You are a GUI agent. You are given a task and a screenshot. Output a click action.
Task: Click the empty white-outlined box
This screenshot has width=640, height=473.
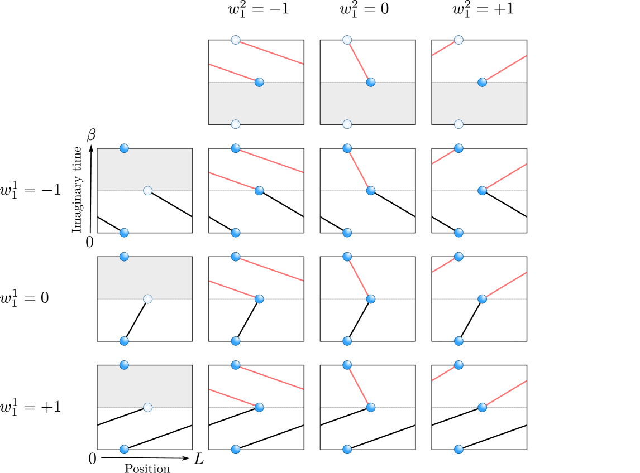pos(591,81)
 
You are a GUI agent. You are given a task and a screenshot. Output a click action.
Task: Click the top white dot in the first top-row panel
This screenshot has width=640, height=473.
pos(236,40)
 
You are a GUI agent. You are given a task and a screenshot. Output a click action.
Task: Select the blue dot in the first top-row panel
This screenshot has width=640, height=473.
pos(259,82)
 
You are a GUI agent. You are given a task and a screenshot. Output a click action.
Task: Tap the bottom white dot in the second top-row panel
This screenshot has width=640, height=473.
pos(347,124)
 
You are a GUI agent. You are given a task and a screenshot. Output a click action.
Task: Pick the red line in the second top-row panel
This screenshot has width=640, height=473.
pos(359,61)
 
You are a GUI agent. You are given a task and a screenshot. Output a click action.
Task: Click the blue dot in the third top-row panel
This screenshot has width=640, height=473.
pos(482,82)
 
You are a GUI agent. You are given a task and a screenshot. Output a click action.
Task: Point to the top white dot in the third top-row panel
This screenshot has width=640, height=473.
pos(458,40)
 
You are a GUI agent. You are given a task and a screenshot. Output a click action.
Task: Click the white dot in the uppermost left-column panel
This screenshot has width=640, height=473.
pos(147,190)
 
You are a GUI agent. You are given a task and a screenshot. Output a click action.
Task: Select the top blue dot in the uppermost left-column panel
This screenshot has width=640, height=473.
pos(124,148)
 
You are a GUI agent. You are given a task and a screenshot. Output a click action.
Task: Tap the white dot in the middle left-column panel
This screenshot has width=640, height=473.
pos(147,299)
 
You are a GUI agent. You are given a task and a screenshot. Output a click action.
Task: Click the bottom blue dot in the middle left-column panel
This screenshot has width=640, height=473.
pos(124,341)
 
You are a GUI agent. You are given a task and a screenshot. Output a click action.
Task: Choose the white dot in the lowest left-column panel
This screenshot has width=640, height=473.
pos(147,407)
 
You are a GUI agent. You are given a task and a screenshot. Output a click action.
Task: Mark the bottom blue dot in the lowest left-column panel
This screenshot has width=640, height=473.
pos(124,449)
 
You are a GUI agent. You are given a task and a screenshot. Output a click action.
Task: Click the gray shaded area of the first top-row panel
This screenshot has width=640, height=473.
pos(256,106)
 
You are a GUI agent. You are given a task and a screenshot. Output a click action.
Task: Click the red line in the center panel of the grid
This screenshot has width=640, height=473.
pos(359,278)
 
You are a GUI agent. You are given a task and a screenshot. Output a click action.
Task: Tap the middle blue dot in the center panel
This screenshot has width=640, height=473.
pos(370,299)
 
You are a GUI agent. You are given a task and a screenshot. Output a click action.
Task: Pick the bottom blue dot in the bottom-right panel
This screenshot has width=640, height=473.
pos(458,449)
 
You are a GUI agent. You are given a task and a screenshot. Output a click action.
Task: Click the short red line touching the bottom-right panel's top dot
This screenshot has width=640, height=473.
pos(445,373)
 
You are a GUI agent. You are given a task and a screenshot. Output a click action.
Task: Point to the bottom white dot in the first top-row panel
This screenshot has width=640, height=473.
pos(236,124)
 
